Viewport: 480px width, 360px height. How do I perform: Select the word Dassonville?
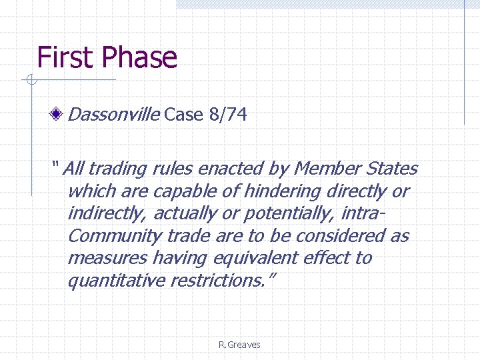(x=114, y=115)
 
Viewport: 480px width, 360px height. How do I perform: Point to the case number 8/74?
(x=227, y=115)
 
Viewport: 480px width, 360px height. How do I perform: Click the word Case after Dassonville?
(x=183, y=115)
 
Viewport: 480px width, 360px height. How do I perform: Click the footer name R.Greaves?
(x=239, y=345)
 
